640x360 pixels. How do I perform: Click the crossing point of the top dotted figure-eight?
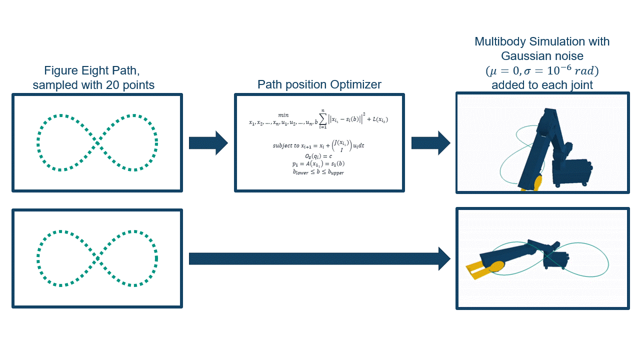pos(97,143)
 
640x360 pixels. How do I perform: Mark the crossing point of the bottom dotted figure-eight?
pos(97,258)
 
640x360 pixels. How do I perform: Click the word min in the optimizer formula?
pos(283,115)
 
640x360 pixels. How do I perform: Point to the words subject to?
pos(285,145)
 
